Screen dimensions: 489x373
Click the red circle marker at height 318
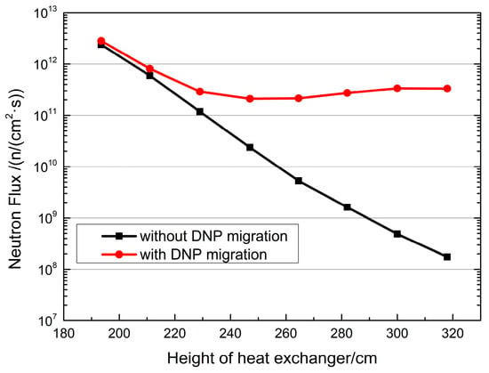click(x=447, y=89)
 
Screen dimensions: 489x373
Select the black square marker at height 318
click(x=447, y=257)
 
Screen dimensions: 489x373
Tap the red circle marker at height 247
click(x=250, y=99)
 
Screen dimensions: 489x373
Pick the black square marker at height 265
click(x=299, y=181)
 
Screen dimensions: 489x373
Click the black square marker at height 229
click(x=200, y=111)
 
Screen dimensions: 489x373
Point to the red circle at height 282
click(x=347, y=93)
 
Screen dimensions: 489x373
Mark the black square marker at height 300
click(x=397, y=234)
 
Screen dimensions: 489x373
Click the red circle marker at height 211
click(x=149, y=69)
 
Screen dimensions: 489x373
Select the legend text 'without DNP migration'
click(x=213, y=236)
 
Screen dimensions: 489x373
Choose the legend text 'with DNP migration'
click(x=204, y=255)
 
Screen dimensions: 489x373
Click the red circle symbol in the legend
click(x=119, y=255)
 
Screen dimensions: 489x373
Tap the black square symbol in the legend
click(x=119, y=236)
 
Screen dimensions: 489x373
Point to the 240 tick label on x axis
click(x=230, y=334)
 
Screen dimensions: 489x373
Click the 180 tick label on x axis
click(x=64, y=334)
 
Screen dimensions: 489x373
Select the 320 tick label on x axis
click(x=453, y=334)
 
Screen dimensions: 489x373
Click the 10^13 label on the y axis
click(x=45, y=14)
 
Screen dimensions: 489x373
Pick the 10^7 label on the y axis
click(x=46, y=319)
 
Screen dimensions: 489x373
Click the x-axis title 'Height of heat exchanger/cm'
click(x=272, y=359)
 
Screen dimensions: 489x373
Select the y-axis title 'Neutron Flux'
click(x=15, y=230)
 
